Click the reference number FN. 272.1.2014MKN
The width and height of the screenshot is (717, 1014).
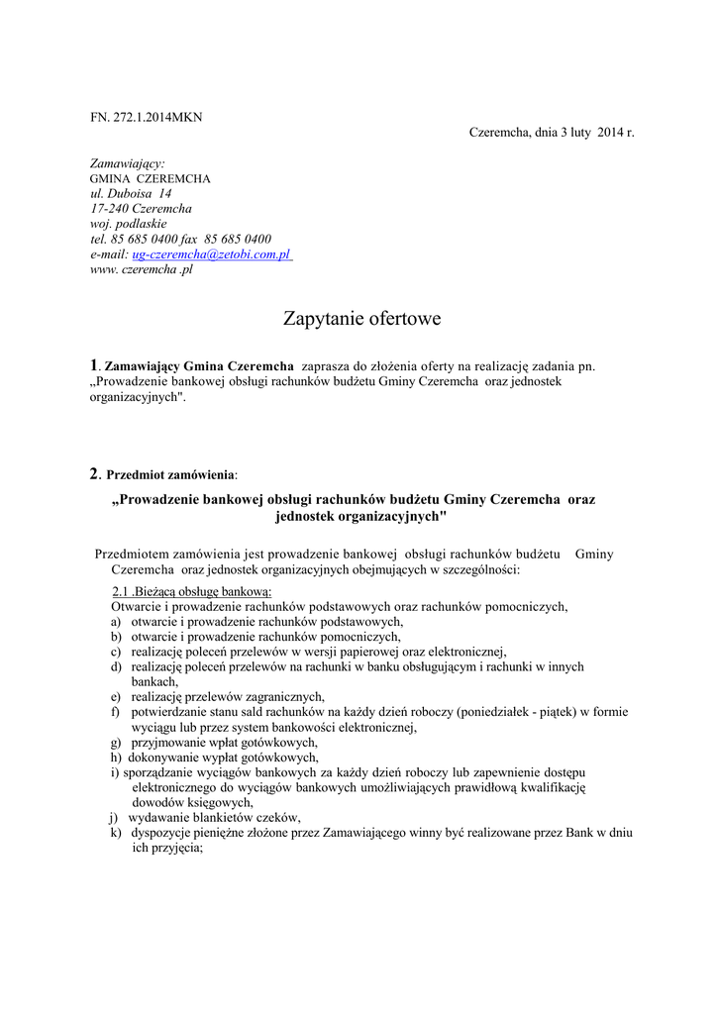pos(146,117)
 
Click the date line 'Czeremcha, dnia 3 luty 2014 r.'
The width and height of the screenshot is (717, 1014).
pos(551,133)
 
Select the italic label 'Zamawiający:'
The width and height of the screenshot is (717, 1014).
pos(128,162)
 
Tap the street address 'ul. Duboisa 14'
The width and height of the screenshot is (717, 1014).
pos(131,193)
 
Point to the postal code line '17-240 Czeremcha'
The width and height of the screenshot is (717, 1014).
pos(141,209)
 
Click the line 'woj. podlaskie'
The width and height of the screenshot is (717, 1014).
pos(129,224)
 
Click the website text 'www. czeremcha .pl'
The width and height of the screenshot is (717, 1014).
pos(142,269)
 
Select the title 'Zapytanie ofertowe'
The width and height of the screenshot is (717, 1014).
pos(361,319)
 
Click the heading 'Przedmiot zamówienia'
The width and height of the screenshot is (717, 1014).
pos(171,474)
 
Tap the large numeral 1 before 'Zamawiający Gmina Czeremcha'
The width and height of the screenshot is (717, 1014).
pos(94,365)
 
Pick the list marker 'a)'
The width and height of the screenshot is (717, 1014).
pos(116,621)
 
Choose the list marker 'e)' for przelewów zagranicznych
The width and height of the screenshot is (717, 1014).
pos(116,696)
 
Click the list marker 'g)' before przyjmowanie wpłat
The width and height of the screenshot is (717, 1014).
pos(116,742)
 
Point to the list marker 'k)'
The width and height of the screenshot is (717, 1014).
pos(116,833)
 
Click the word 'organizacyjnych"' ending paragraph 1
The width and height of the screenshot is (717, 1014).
pos(138,396)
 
